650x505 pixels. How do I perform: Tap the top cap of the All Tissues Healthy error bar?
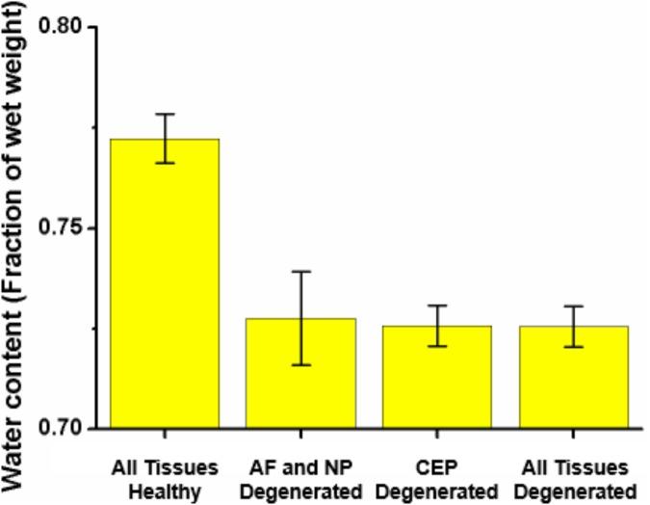(x=165, y=114)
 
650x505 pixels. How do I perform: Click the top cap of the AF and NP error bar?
(x=301, y=272)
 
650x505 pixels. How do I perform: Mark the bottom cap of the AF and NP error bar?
(x=301, y=365)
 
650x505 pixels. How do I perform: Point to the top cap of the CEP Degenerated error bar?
(x=437, y=306)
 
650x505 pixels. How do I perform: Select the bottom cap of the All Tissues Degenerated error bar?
(x=574, y=346)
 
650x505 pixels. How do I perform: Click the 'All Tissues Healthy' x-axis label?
(x=165, y=478)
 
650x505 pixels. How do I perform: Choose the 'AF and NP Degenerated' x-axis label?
(x=301, y=478)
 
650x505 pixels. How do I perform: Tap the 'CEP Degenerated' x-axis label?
(x=437, y=478)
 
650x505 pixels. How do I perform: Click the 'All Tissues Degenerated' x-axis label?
(x=574, y=478)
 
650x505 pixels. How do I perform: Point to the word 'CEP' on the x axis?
(x=437, y=467)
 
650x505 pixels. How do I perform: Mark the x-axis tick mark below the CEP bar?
(x=437, y=435)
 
